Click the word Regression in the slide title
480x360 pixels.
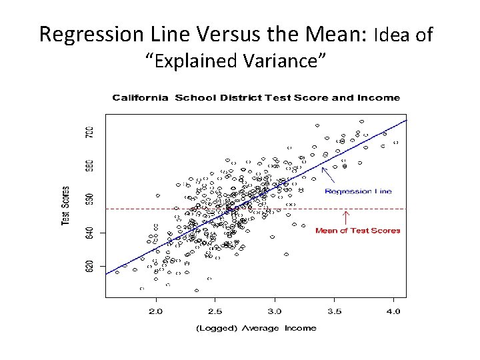[83, 34]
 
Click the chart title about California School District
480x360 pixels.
[255, 97]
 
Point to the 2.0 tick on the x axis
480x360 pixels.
[155, 311]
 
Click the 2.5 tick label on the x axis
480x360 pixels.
[215, 311]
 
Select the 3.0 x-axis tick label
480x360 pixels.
[275, 311]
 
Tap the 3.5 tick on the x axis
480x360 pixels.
[334, 311]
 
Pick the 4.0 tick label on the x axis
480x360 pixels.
[393, 311]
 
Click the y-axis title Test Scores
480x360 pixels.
[67, 205]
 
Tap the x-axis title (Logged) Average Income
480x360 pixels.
[255, 328]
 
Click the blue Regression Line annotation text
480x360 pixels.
[358, 191]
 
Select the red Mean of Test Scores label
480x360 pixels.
[357, 231]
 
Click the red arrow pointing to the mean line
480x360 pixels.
[346, 218]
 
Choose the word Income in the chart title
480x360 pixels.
[379, 97]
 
